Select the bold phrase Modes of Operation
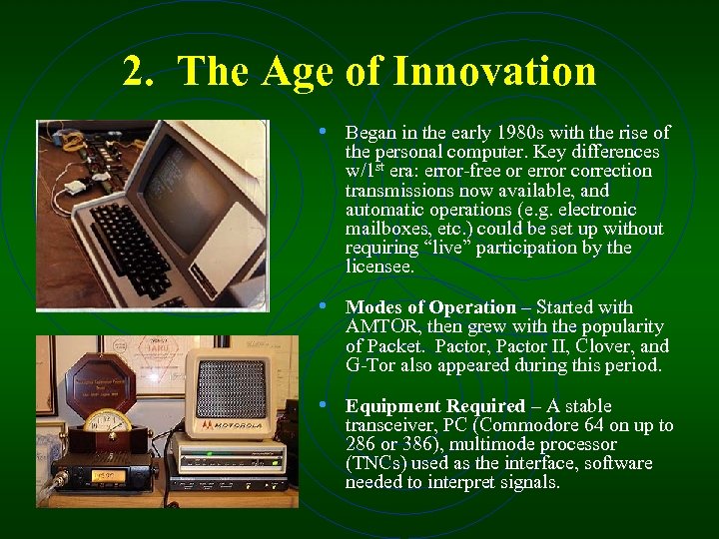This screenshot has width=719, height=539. (430, 307)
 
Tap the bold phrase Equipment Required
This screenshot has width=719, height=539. (434, 406)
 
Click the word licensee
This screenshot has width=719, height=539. (378, 267)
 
